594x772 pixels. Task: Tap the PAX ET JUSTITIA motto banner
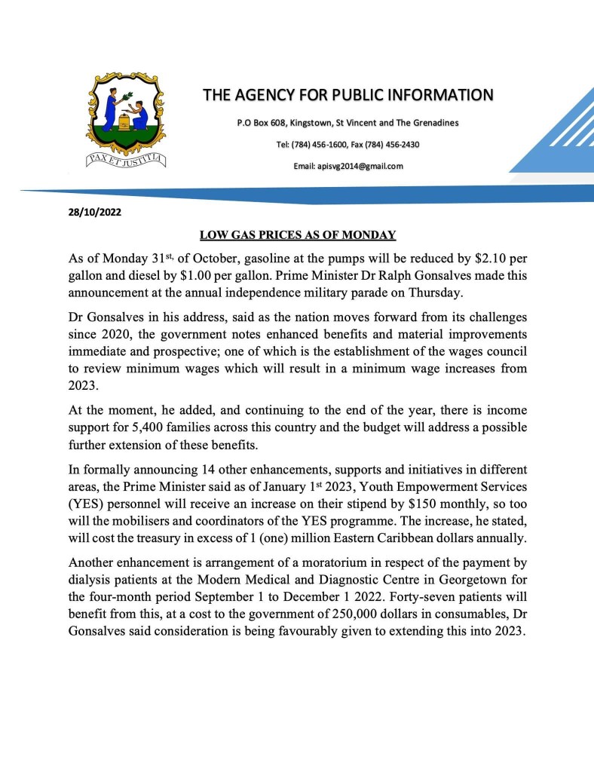coord(124,158)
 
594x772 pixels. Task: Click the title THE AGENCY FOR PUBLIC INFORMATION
coord(348,95)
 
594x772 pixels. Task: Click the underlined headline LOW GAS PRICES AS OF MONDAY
coord(298,235)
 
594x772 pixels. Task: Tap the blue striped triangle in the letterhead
coord(554,132)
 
